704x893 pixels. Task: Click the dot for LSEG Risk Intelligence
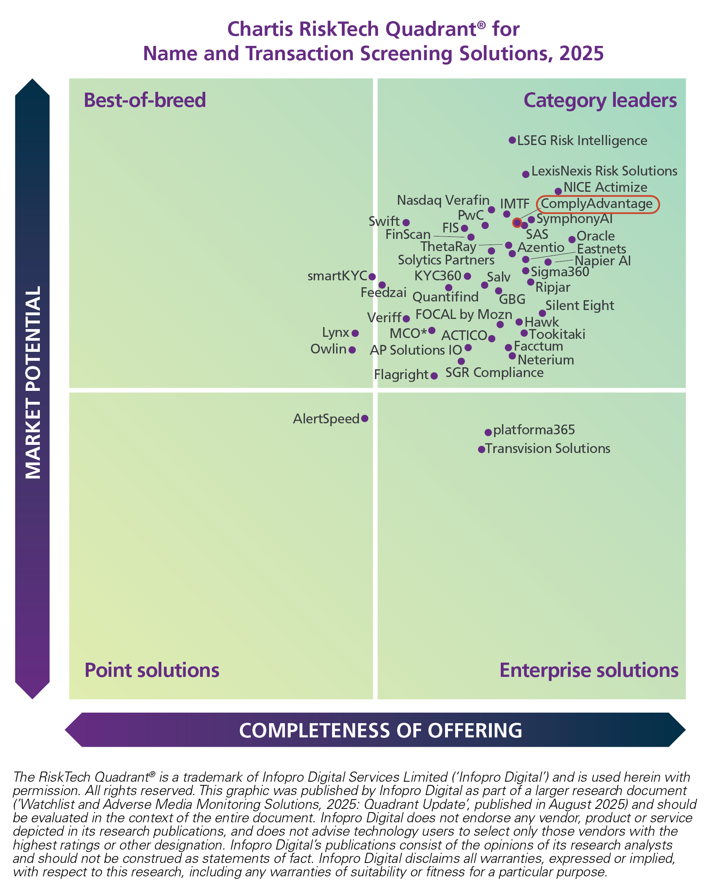[x=512, y=141]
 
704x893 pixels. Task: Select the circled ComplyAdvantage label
[x=597, y=204]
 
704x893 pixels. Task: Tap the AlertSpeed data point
[x=365, y=418]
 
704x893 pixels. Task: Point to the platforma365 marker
[x=488, y=432]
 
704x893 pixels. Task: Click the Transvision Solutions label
[x=548, y=449]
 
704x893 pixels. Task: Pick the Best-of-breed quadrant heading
[x=145, y=100]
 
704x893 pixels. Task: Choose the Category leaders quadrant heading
[x=600, y=100]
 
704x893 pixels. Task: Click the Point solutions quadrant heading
[x=152, y=670]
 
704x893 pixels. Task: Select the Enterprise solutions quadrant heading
[x=589, y=670]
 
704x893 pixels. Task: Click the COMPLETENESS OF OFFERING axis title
[x=380, y=730]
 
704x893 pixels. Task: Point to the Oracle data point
[x=571, y=240]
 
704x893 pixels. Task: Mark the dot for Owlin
[x=352, y=350]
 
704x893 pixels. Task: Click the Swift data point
[x=406, y=222]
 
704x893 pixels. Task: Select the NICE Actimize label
[x=605, y=187]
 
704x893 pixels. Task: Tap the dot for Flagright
[x=434, y=375]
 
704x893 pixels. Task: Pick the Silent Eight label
[x=580, y=306]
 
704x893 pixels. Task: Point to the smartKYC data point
[x=372, y=277]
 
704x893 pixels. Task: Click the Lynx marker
[x=355, y=333]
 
